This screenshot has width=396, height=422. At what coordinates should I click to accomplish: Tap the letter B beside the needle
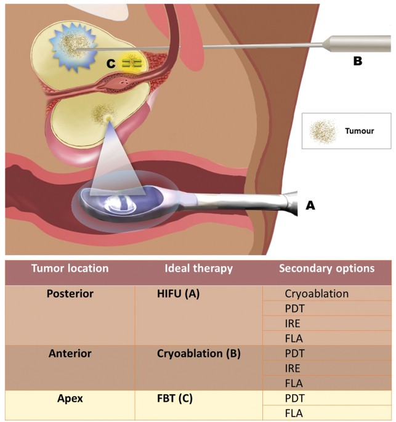pyautogui.click(x=357, y=61)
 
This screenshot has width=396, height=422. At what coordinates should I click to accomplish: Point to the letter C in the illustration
pyautogui.click(x=111, y=63)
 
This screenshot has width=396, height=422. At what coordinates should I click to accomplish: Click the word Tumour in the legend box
pyautogui.click(x=360, y=131)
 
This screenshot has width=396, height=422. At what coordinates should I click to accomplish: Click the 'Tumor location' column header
pyautogui.click(x=70, y=269)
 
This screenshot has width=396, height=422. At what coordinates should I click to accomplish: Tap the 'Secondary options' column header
pyautogui.click(x=326, y=269)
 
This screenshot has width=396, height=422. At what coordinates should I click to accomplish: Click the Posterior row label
pyautogui.click(x=70, y=293)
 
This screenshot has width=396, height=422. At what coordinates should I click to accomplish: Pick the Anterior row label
pyautogui.click(x=70, y=354)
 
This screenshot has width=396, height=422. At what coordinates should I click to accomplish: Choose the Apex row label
pyautogui.click(x=70, y=399)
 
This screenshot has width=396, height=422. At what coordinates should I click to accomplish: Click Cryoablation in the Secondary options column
pyautogui.click(x=317, y=293)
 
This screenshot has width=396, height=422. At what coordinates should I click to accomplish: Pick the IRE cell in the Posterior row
pyautogui.click(x=294, y=323)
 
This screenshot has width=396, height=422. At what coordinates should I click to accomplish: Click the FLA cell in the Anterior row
pyautogui.click(x=294, y=383)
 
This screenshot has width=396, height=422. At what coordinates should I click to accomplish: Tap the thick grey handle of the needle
pyautogui.click(x=357, y=43)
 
